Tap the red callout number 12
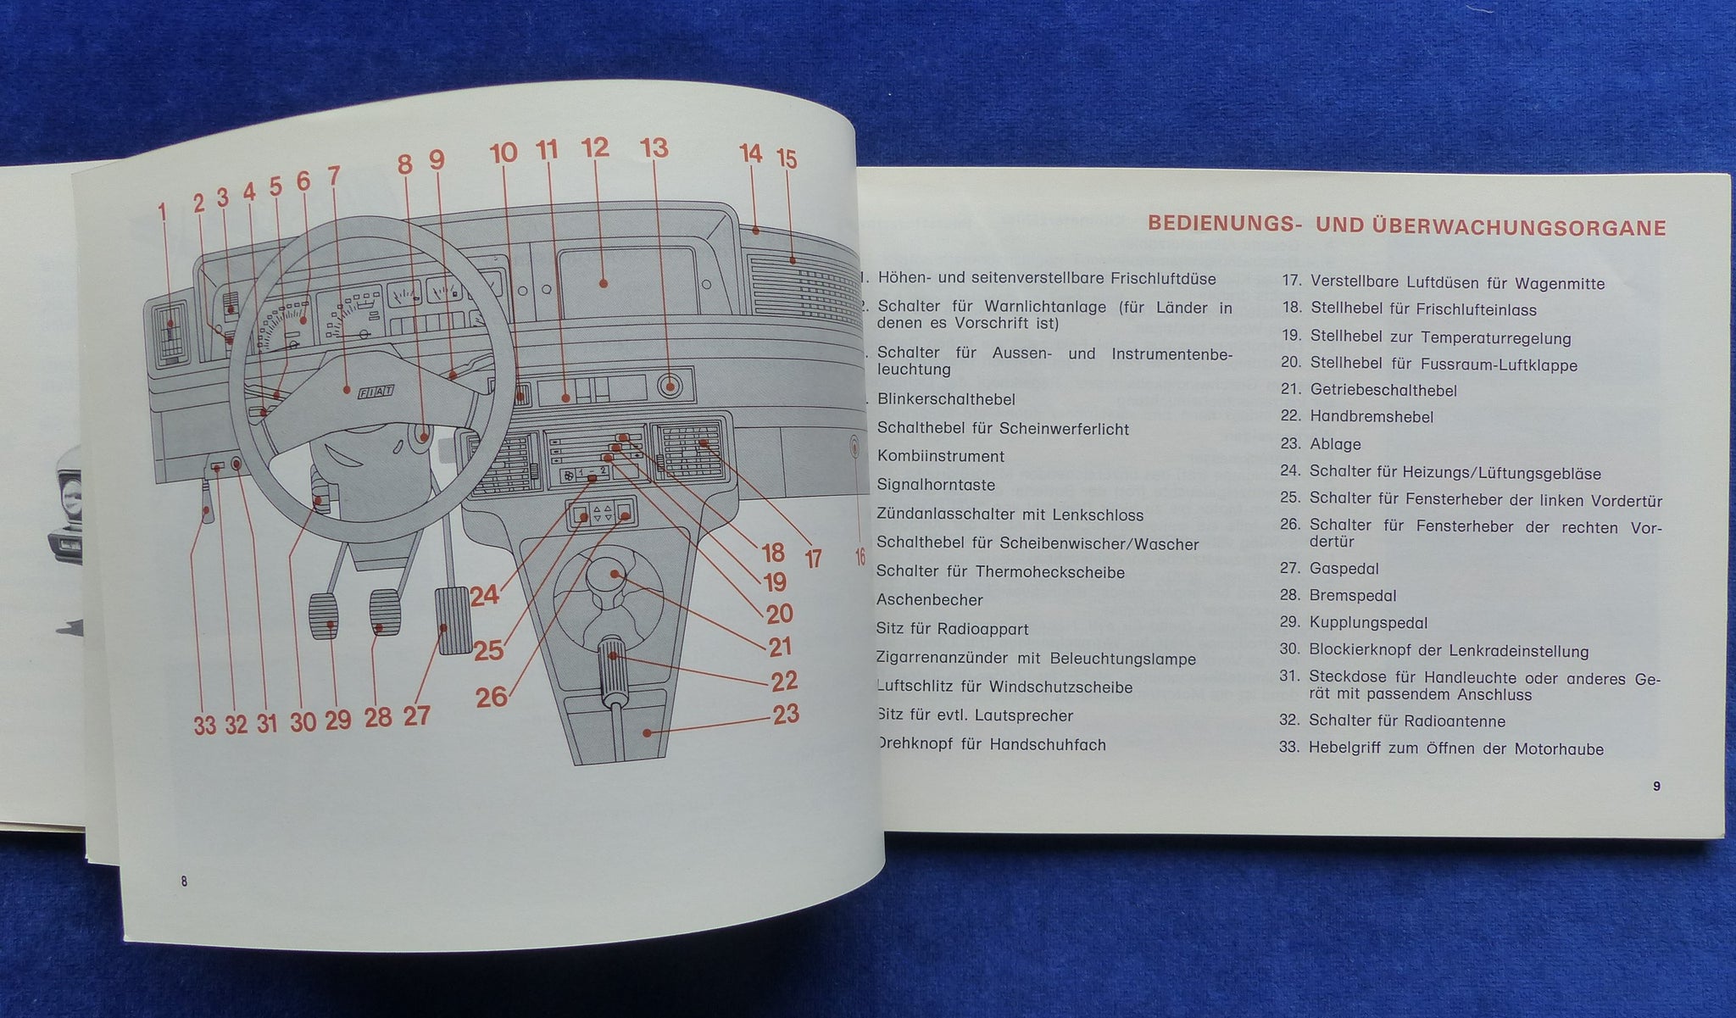click(x=595, y=148)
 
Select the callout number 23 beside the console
click(x=786, y=715)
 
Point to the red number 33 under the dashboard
click(x=204, y=725)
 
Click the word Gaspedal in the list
click(x=1344, y=569)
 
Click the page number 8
click(x=183, y=881)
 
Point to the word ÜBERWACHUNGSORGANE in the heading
click(x=1516, y=228)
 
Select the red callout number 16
click(x=860, y=557)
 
